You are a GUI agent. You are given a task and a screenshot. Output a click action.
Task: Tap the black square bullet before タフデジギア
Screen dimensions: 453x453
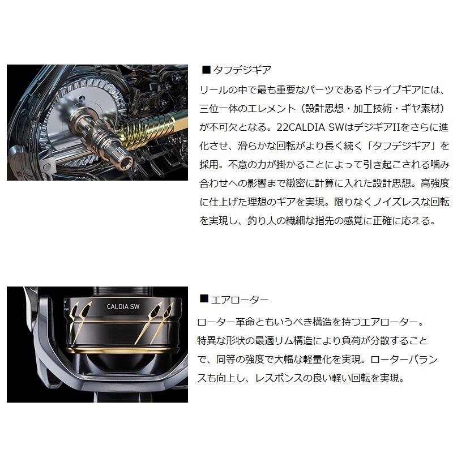(x=206, y=70)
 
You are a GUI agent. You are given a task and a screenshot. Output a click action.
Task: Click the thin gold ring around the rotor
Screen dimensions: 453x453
(x=125, y=322)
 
